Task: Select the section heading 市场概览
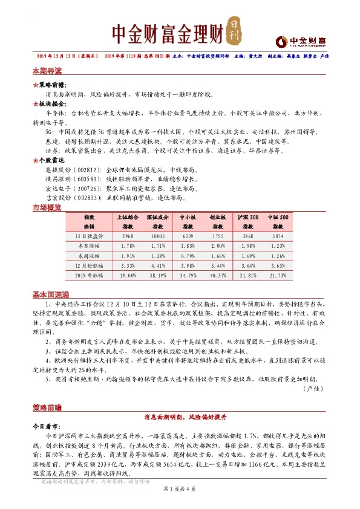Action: point(47,208)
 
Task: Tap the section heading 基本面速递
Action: point(49,294)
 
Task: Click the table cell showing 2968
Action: point(127,235)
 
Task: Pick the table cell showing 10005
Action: point(158,235)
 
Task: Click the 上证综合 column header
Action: point(127,216)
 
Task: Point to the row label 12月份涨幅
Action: point(89,265)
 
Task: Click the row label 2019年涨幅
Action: point(89,276)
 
